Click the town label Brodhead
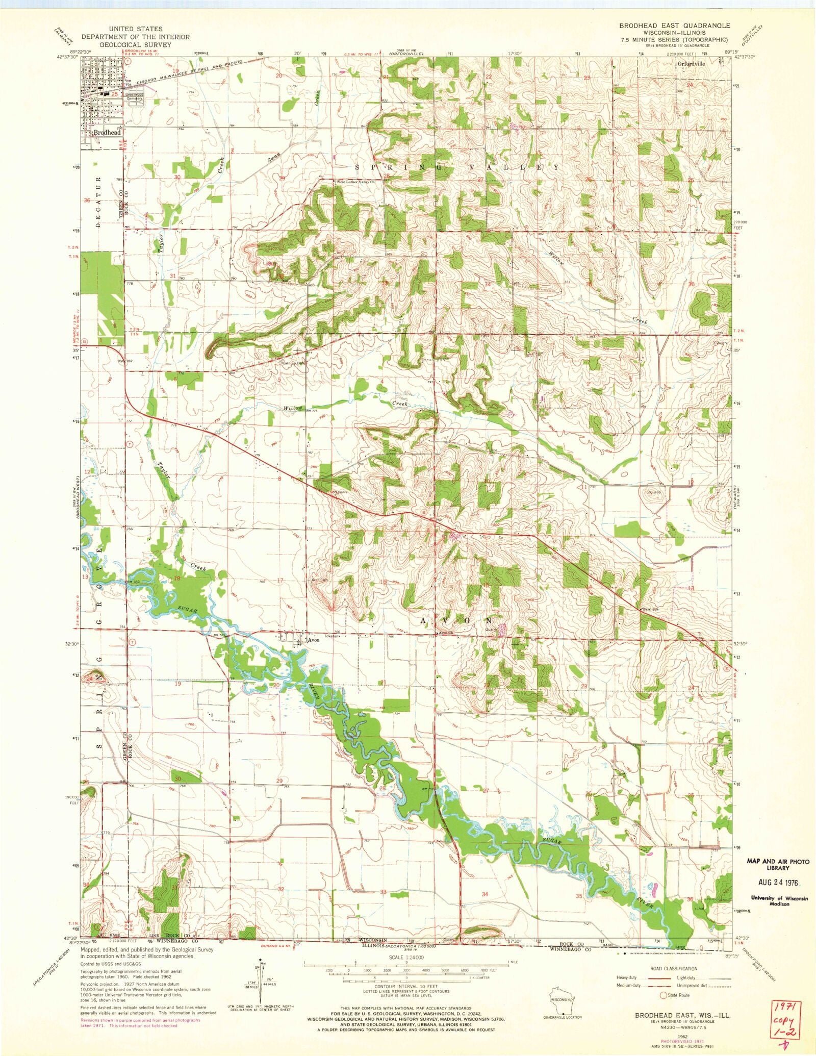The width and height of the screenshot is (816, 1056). click(x=107, y=132)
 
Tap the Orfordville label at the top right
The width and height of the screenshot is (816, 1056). click(x=691, y=64)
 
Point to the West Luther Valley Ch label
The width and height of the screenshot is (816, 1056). click(x=355, y=182)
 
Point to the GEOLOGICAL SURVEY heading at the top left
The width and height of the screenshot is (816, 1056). click(x=135, y=44)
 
